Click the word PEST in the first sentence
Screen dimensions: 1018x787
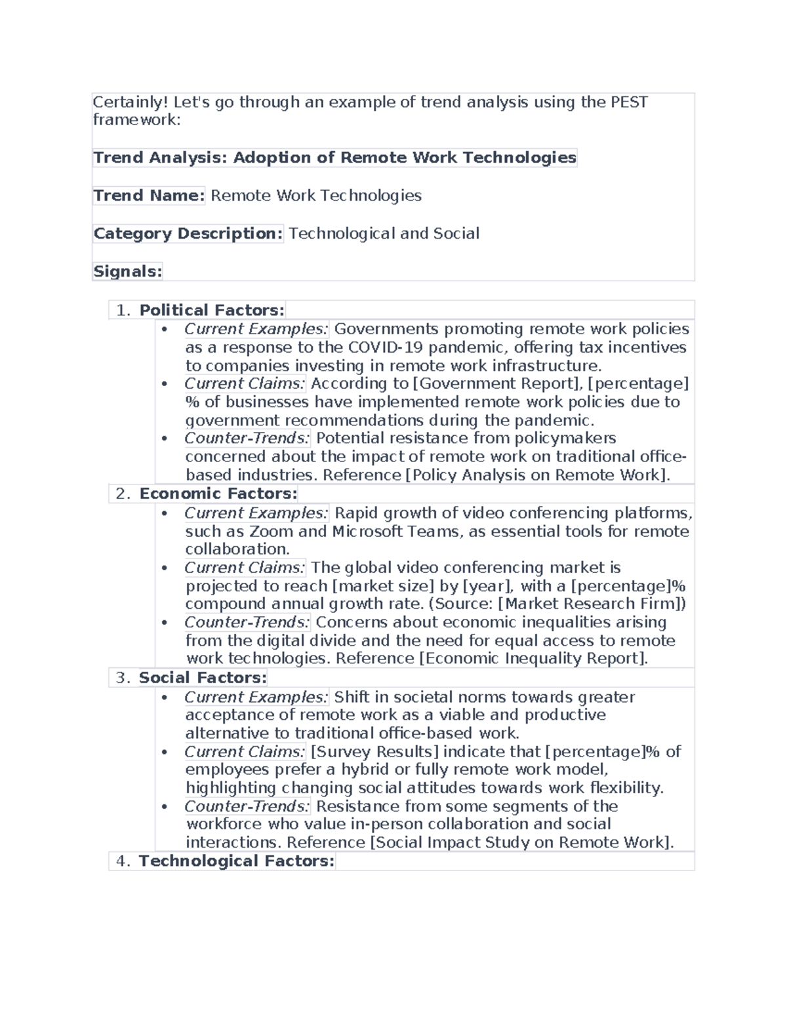pyautogui.click(x=629, y=102)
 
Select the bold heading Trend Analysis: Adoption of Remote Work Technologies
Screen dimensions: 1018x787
pyautogui.click(x=334, y=157)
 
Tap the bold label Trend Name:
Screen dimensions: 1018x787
pyautogui.click(x=149, y=195)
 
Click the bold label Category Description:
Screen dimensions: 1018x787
pyautogui.click(x=188, y=233)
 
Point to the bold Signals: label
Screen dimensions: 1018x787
pyautogui.click(x=127, y=271)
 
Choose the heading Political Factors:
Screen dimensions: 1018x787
pyautogui.click(x=212, y=310)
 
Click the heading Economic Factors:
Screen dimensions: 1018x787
pyautogui.click(x=218, y=494)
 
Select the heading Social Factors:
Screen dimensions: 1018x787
pyautogui.click(x=203, y=678)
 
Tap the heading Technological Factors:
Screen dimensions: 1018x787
pyautogui.click(x=236, y=861)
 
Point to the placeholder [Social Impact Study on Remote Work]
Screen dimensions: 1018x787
pyautogui.click(x=521, y=842)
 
